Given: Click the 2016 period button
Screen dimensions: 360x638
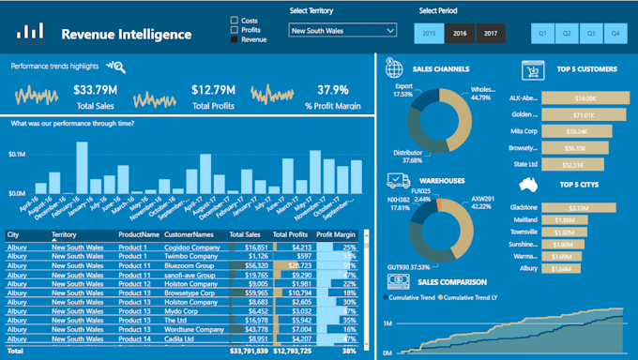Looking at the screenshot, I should click(x=461, y=33).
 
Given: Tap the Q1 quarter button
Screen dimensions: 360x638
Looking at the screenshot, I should click(x=543, y=33).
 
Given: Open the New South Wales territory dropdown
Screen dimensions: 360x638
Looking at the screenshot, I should click(x=342, y=31).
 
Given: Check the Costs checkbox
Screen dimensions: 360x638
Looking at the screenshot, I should click(x=235, y=20).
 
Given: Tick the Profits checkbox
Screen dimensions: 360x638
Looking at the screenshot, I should click(x=235, y=30).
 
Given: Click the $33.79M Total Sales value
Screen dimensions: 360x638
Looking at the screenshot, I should click(x=95, y=90).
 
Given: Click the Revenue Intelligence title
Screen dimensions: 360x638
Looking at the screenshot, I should click(x=126, y=35).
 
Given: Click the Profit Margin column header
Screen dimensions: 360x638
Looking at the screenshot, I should click(x=336, y=234).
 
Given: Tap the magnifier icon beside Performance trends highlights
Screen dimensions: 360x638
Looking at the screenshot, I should click(x=116, y=67).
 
